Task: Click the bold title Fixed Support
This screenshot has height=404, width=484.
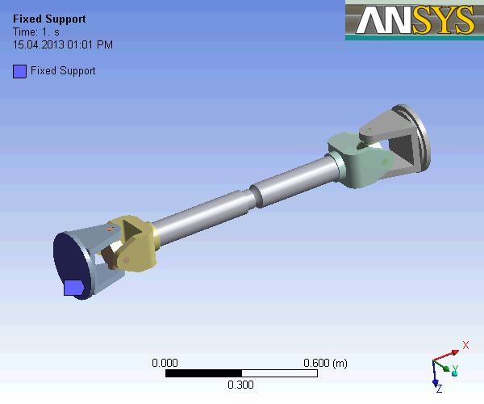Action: pyautogui.click(x=49, y=19)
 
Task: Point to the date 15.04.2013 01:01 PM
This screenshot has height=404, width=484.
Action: pyautogui.click(x=63, y=44)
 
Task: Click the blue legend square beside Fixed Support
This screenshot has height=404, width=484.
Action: pyautogui.click(x=19, y=71)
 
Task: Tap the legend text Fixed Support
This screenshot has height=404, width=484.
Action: pyautogui.click(x=63, y=71)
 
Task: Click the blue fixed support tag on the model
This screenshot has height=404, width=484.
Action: pyautogui.click(x=74, y=288)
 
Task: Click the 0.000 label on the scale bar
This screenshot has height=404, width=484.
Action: pyautogui.click(x=165, y=364)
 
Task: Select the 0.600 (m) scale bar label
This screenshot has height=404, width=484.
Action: pyautogui.click(x=325, y=364)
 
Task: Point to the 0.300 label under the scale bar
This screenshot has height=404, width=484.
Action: pyautogui.click(x=240, y=385)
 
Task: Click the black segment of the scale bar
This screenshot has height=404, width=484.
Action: pyautogui.click(x=202, y=373)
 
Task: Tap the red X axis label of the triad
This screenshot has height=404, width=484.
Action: pyautogui.click(x=465, y=346)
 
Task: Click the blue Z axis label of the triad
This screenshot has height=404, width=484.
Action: pyautogui.click(x=439, y=389)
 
